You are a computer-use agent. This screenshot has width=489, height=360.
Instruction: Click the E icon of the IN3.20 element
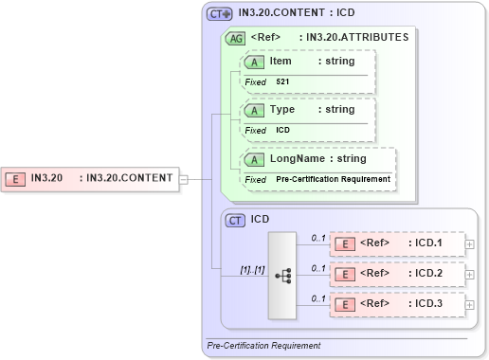[x=16, y=178]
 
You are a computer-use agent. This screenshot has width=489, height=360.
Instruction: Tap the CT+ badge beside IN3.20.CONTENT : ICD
[x=220, y=14]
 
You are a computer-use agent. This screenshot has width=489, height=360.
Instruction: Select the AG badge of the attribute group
[x=234, y=39]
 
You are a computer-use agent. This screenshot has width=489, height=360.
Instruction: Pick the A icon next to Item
[x=255, y=62]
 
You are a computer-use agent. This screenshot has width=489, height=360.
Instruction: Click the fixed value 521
[x=283, y=82]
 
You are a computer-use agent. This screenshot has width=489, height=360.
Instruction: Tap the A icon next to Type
[x=255, y=110]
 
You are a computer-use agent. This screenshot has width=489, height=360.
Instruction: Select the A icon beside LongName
[x=255, y=159]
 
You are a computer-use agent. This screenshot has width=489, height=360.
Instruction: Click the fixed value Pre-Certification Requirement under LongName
[x=333, y=179]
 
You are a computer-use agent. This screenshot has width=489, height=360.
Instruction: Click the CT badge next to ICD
[x=236, y=220]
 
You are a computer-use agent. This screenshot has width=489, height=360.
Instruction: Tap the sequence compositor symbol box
[x=282, y=275]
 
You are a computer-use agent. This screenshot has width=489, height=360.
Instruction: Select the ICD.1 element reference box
[x=397, y=243]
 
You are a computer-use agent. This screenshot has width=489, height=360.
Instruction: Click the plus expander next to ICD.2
[x=470, y=275]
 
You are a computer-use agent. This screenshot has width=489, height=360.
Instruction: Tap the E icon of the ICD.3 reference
[x=347, y=305]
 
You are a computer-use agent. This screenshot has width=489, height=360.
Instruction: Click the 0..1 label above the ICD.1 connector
[x=319, y=237]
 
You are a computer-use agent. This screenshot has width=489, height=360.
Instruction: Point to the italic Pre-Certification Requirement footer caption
[x=264, y=346]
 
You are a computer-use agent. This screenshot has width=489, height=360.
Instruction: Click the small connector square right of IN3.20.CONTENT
[x=184, y=178]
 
